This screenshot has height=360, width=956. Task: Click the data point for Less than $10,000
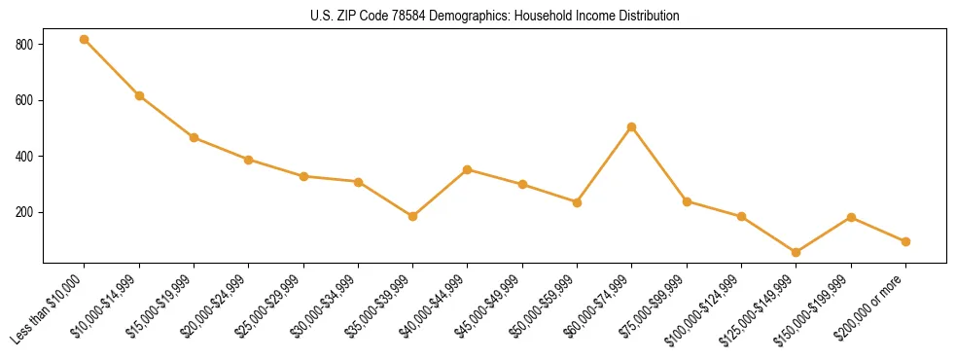pos(85,40)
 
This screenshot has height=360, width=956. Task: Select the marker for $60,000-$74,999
pos(632,126)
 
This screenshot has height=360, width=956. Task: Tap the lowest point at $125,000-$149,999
pos(797,252)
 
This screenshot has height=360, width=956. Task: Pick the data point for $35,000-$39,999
pos(413,216)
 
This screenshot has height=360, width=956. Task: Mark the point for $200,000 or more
pos(905,241)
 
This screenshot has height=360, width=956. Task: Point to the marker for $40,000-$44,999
pos(468,169)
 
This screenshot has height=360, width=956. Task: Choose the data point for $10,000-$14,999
pos(139,95)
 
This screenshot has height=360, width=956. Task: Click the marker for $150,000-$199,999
pos(851,217)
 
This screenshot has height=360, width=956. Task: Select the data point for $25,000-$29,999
pos(303,176)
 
